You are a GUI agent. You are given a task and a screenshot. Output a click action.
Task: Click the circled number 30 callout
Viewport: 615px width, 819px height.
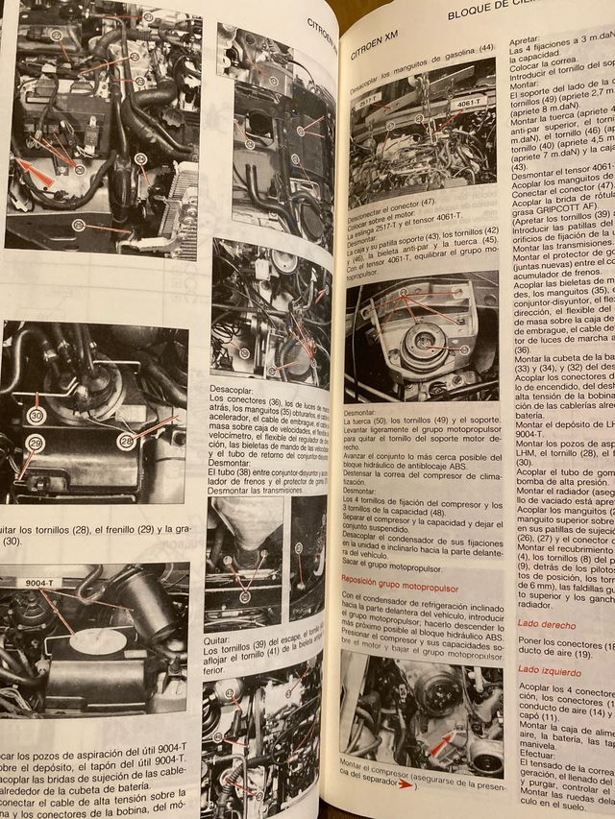click(37, 416)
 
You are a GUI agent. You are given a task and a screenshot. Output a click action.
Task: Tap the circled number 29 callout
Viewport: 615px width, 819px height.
click(36, 443)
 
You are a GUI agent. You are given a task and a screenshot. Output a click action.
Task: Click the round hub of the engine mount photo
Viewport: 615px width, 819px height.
click(423, 342)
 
